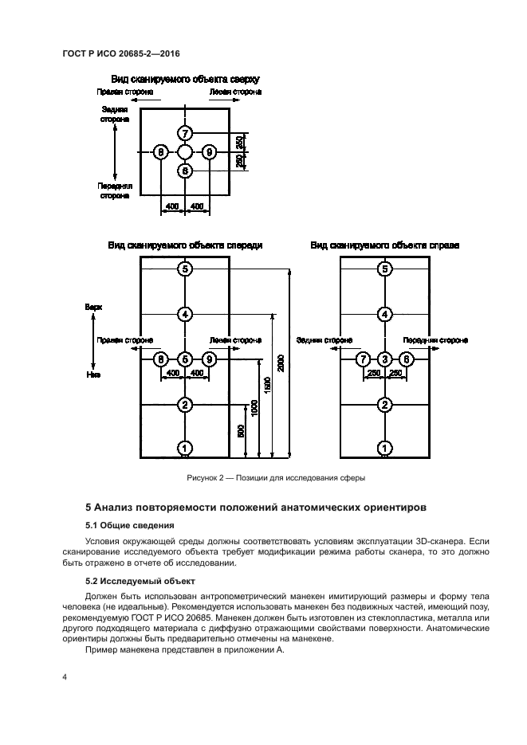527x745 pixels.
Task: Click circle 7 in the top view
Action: coord(185,133)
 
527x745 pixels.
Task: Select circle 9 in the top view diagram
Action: coord(209,151)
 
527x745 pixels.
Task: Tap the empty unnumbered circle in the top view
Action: coord(185,151)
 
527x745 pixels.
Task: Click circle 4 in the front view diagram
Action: coord(185,314)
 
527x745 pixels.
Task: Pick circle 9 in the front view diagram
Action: coord(209,359)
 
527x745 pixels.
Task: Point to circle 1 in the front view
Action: coord(185,449)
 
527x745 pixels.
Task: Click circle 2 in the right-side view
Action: coord(385,405)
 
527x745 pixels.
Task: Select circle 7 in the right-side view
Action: coord(363,359)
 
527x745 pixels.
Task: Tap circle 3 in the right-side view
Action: coord(385,359)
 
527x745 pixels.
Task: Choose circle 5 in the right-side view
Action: coord(385,269)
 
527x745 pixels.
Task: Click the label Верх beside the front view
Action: coord(94,305)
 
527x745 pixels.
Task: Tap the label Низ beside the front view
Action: coord(93,373)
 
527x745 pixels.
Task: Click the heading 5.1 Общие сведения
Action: coord(129,526)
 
